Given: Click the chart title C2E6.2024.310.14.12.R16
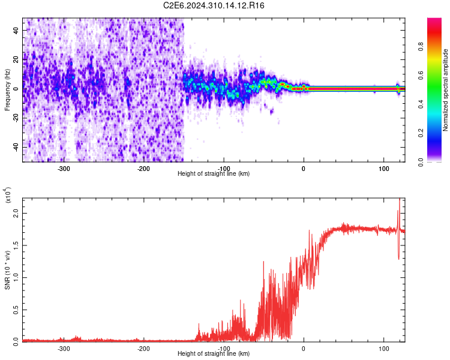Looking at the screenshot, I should click(214, 5).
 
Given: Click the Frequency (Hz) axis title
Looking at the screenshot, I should click(7, 89).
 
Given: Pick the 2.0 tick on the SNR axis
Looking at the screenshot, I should click(16, 213).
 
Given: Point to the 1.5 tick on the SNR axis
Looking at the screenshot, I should click(16, 245).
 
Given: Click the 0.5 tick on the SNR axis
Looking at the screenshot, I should click(16, 309).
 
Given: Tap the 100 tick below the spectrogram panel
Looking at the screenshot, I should click(383, 168).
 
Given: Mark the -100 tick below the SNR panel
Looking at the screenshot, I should click(223, 348).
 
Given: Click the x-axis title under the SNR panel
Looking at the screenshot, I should click(214, 354).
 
